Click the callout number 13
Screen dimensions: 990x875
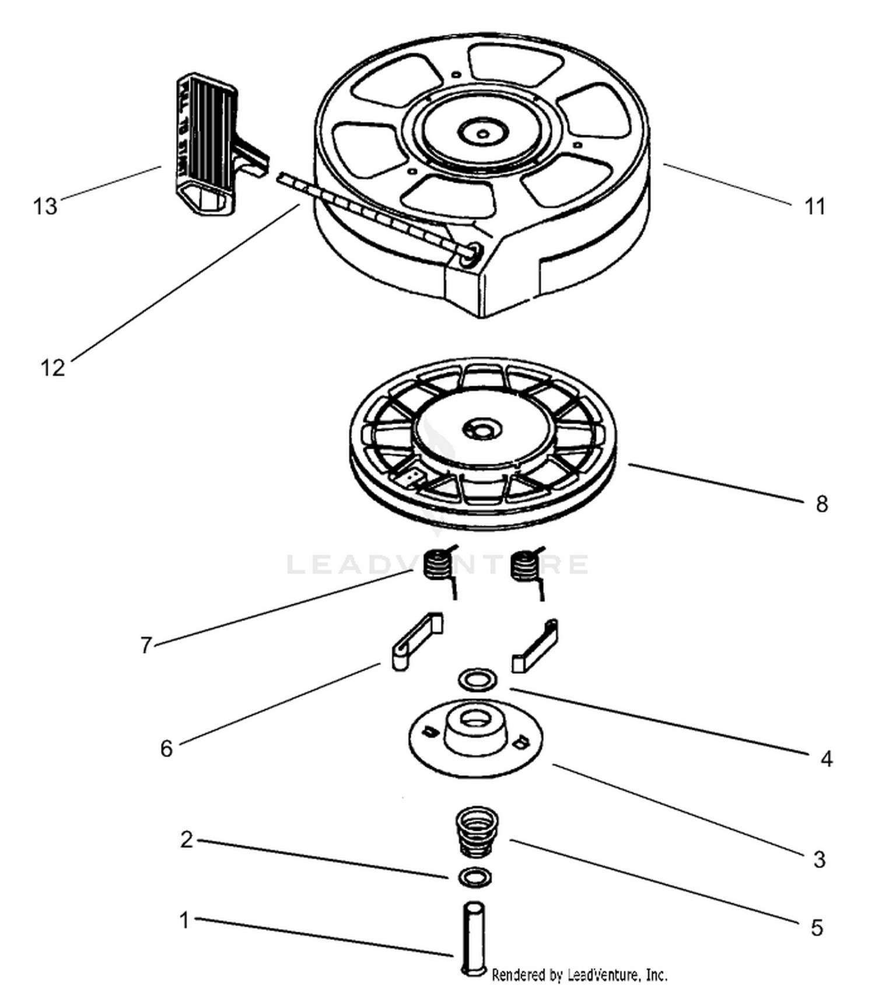coord(45,206)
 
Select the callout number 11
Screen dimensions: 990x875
coord(815,207)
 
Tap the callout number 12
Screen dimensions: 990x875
coord(52,368)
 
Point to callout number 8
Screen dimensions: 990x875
coord(822,503)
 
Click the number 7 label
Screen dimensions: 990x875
coord(146,645)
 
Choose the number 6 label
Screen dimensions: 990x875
coord(166,748)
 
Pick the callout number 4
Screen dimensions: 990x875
coord(826,759)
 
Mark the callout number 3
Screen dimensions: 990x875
coord(819,859)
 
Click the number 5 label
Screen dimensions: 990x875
coord(817,928)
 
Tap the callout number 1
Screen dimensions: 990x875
coord(184,921)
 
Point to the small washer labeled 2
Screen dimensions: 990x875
coord(475,877)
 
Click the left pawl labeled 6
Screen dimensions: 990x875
coord(415,642)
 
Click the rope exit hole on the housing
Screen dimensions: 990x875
coord(469,254)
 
